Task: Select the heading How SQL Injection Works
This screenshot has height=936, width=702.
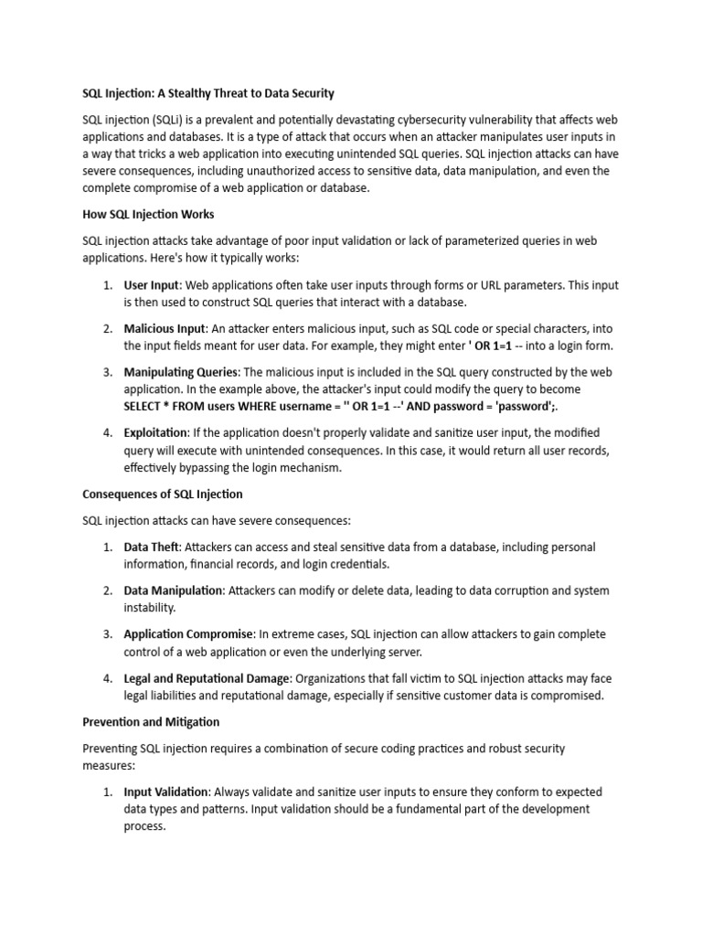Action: coord(148,214)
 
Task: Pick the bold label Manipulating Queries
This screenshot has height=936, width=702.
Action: coord(180,372)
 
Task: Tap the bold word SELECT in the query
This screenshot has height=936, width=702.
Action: coord(145,406)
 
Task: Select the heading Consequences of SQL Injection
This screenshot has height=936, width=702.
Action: coord(162,494)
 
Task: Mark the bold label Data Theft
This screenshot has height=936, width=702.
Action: coord(152,547)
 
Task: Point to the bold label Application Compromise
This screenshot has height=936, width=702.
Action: coord(188,633)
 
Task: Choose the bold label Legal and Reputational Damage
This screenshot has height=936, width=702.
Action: coord(207,678)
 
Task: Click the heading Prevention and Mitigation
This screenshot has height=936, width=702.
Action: coord(151,722)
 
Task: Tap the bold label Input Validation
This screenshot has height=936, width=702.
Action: coord(167,792)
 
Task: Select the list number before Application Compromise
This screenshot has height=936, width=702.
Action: coord(107,633)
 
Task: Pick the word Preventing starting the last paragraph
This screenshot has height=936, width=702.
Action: coord(112,748)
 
